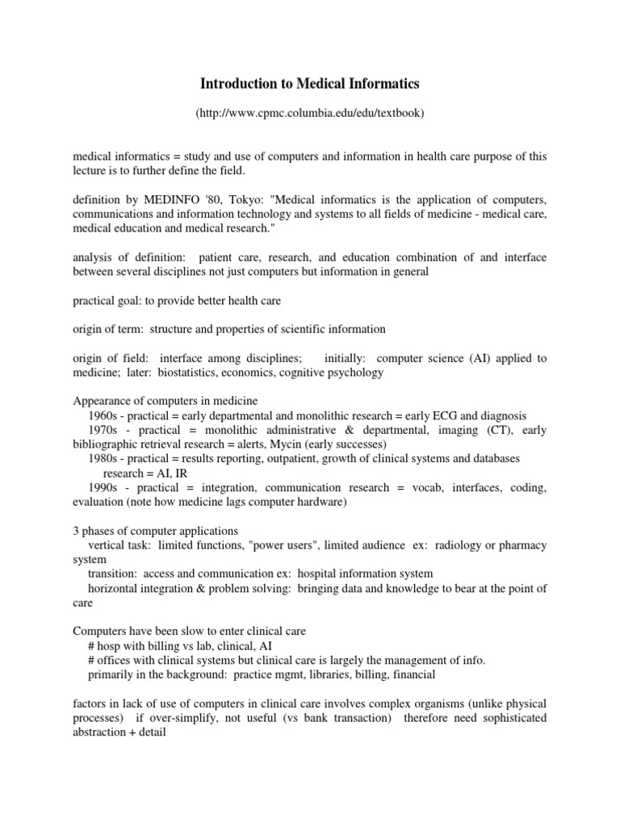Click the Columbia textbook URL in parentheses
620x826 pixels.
coord(310,114)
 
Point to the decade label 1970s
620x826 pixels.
coord(104,430)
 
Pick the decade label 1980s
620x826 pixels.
coord(104,458)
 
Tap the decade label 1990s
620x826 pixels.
coord(104,488)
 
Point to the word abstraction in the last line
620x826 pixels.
coord(103,732)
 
